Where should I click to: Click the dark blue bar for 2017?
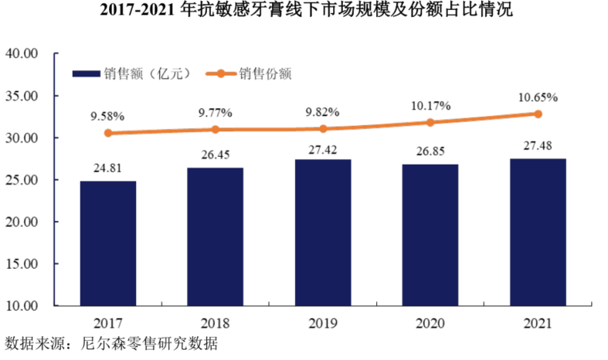[x=108, y=243]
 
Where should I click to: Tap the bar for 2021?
[x=538, y=232]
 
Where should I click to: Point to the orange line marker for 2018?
[x=216, y=130]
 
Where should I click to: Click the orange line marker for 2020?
[x=431, y=122]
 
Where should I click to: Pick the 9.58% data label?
[x=107, y=116]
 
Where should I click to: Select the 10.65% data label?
[x=538, y=97]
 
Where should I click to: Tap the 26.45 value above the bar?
[x=216, y=156]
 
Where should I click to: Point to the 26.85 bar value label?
[x=431, y=153]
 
